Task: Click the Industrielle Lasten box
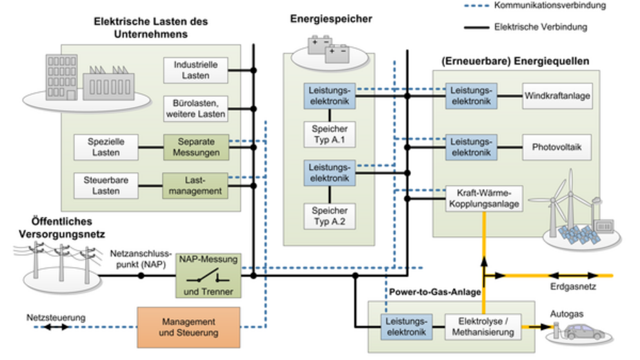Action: [195, 70]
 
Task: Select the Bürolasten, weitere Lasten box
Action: [195, 108]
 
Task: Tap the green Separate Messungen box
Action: [195, 146]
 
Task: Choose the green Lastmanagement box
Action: [195, 185]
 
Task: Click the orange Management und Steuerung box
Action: [188, 327]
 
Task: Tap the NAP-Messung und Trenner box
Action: [208, 275]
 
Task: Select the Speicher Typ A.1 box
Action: [329, 134]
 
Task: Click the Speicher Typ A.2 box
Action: [329, 216]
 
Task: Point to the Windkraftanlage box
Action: [557, 96]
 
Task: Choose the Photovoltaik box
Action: [557, 147]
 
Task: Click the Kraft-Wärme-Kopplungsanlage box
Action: [483, 198]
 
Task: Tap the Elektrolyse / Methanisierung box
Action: [483, 326]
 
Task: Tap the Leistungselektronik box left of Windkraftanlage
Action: [470, 96]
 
